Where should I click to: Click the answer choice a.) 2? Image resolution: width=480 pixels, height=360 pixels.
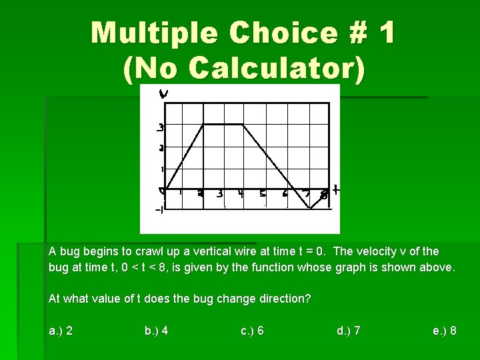tap(61, 330)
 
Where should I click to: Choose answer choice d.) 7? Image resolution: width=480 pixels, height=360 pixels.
tap(349, 330)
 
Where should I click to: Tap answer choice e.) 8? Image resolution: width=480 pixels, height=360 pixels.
tap(445, 330)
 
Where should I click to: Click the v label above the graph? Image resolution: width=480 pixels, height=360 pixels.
tap(163, 94)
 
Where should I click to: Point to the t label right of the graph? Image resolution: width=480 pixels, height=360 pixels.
tap(335, 191)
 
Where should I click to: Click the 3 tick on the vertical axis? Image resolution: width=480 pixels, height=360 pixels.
tap(160, 127)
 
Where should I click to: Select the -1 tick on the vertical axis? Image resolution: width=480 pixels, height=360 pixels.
tap(160, 211)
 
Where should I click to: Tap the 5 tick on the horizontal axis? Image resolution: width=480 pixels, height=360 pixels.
tap(263, 195)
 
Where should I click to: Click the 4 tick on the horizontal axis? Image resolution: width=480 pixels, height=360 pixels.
tap(241, 195)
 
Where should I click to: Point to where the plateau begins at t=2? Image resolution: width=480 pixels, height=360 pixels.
tap(204, 124)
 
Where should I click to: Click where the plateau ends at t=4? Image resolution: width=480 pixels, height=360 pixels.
tap(245, 124)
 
